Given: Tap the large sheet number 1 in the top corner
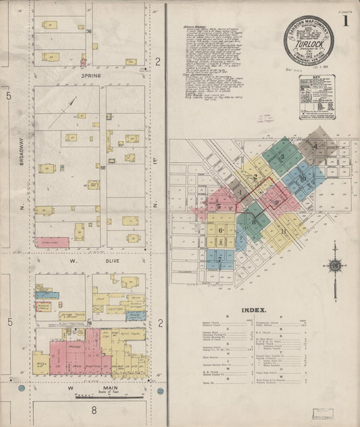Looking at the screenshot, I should [346, 21].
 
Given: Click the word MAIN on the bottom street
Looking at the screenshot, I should [92, 388].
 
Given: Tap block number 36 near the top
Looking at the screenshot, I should [88, 31].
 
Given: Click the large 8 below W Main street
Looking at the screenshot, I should [95, 409].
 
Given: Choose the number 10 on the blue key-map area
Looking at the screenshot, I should [303, 178].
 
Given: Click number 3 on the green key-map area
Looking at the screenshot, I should [282, 156].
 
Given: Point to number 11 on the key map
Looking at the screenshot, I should [284, 231].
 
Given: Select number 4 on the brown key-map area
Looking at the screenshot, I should [315, 145].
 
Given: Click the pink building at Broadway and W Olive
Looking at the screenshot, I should [53, 241].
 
